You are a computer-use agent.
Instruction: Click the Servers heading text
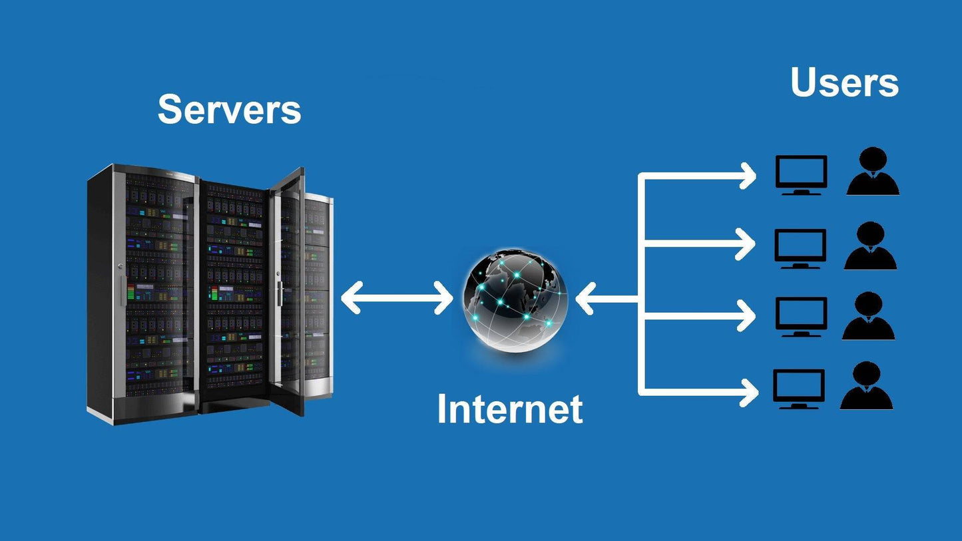coord(229,109)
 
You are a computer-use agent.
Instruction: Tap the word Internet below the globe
coord(509,409)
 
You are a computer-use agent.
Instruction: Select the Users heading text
coord(844,83)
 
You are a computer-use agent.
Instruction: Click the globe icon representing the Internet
coord(516,299)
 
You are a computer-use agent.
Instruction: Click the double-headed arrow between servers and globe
coord(397,297)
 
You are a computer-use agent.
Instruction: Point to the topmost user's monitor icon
coord(802,175)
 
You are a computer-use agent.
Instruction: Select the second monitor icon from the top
coord(800,248)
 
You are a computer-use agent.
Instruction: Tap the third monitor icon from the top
coord(802,317)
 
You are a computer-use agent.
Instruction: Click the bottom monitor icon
coord(799,389)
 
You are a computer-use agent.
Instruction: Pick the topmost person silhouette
coord(873,173)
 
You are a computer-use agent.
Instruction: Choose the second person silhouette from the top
coord(871,247)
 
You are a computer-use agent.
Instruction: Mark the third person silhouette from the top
coord(869,317)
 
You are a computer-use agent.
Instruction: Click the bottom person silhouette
coord(866,387)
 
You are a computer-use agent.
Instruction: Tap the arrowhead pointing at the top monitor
coord(748,176)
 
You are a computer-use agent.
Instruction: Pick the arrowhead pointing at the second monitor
coord(747,244)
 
